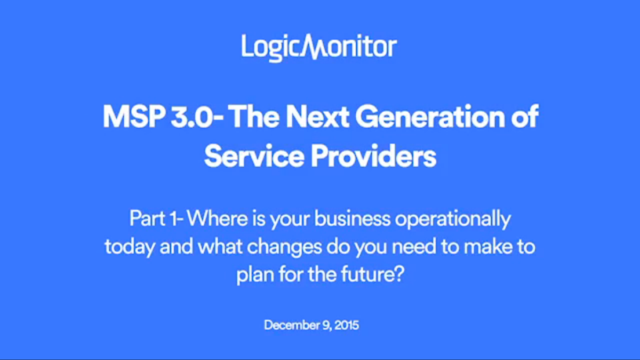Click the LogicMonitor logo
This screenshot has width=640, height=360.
(x=319, y=47)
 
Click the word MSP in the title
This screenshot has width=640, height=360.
(x=134, y=117)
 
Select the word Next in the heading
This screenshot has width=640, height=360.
(x=317, y=117)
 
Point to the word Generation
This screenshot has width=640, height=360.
(x=431, y=117)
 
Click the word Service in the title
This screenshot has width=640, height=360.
(x=254, y=156)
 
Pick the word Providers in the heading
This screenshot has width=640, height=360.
(x=374, y=156)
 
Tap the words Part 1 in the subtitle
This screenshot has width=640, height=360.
(x=154, y=219)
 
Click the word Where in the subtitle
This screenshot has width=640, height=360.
(x=217, y=218)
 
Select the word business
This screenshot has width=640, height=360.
(x=352, y=219)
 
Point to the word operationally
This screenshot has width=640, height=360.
(x=452, y=219)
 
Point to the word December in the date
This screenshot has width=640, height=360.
(x=291, y=325)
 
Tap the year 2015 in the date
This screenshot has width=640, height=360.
(x=346, y=325)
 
